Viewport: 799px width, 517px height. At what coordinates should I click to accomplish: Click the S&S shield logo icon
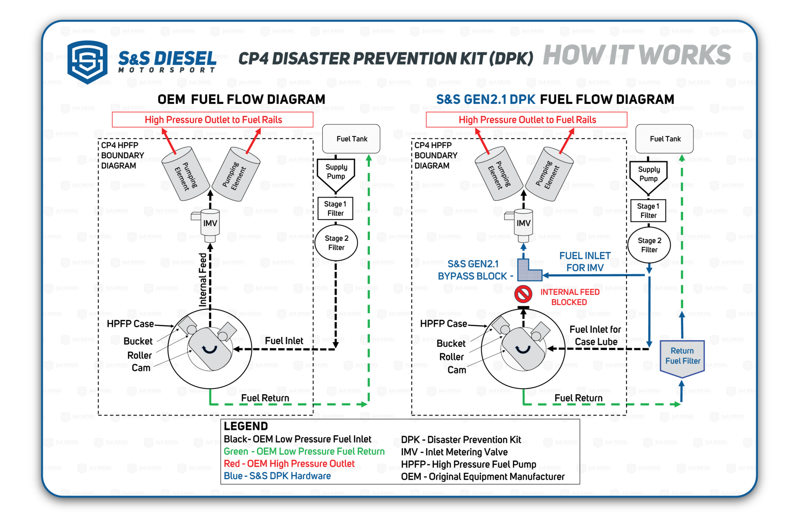(87, 62)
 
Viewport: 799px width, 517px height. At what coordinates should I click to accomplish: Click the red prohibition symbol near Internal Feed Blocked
(523, 294)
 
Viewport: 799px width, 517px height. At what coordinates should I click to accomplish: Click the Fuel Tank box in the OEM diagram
(351, 139)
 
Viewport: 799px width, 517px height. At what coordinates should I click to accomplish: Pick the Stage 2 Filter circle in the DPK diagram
(649, 245)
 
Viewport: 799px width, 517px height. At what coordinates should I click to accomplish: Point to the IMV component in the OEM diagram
(210, 224)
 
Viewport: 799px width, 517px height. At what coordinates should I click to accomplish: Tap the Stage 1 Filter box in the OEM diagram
(336, 208)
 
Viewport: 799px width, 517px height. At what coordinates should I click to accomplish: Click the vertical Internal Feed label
(202, 279)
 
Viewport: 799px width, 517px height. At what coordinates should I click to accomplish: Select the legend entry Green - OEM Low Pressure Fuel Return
(304, 451)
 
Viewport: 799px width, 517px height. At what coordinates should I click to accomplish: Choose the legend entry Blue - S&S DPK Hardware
(277, 476)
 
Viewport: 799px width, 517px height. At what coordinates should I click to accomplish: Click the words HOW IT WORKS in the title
(637, 55)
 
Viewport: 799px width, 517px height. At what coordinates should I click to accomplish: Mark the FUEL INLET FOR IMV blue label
(585, 262)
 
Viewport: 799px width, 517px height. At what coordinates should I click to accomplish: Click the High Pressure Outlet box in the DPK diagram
(526, 120)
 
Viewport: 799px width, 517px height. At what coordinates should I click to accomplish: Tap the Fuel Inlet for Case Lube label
(595, 336)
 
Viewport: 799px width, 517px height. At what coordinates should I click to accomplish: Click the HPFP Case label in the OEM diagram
(130, 324)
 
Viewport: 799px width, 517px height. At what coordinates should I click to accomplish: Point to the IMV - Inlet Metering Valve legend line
(454, 452)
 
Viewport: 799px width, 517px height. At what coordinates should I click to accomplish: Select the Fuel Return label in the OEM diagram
(265, 398)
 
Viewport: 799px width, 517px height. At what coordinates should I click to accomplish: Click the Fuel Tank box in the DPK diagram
(664, 139)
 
